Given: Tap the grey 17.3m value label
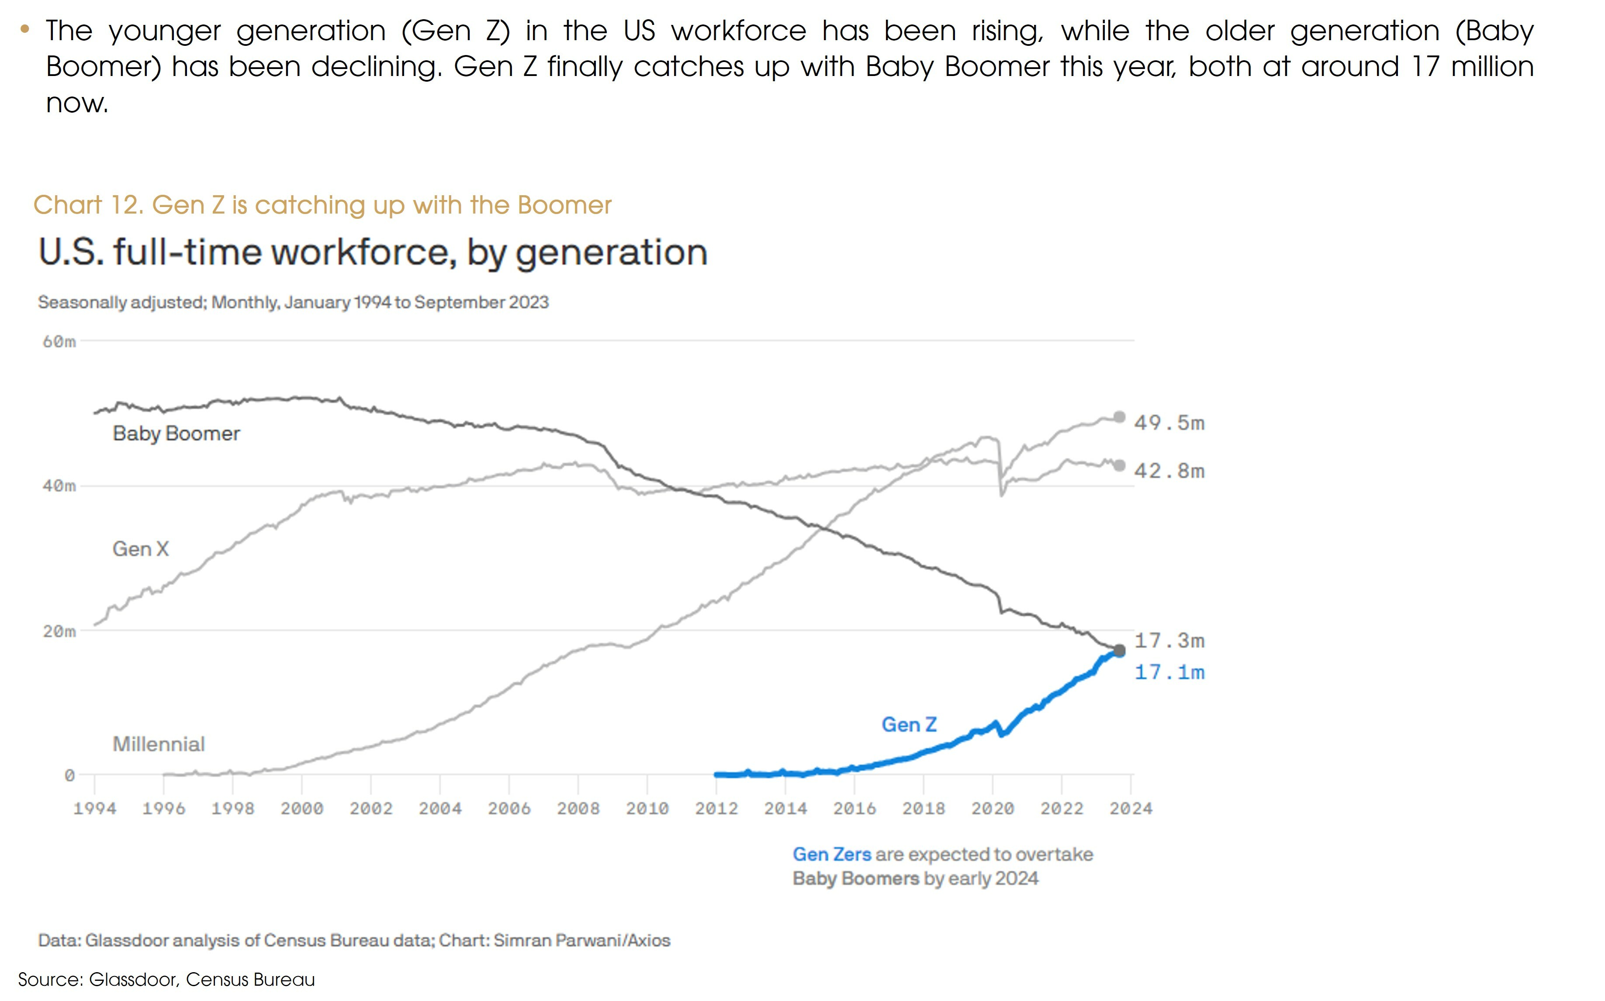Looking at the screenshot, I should tap(1169, 640).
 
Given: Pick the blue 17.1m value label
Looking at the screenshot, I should tap(1169, 672).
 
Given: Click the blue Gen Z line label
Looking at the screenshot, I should tap(909, 724).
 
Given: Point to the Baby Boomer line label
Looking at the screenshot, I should tap(176, 433).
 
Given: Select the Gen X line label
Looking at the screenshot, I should tap(140, 549).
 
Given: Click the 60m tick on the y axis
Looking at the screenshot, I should tap(59, 342).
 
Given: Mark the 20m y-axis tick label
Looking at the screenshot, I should tap(59, 631).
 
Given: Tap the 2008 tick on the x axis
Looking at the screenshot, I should tap(578, 808).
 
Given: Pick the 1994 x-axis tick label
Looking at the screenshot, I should tap(95, 808).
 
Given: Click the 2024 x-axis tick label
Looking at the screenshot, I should tap(1131, 808).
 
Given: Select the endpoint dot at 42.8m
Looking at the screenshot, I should tap(1119, 466).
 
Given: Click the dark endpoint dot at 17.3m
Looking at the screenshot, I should tap(1119, 650).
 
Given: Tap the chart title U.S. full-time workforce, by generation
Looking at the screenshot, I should tap(373, 252).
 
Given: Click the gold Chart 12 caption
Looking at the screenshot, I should tap(322, 205).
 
